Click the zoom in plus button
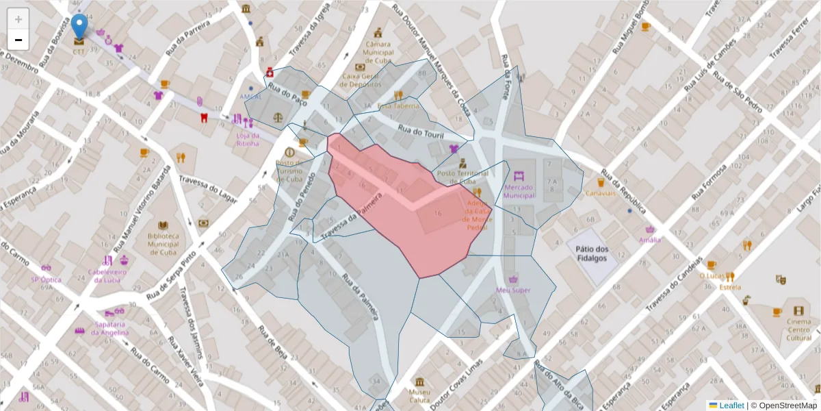tap(18, 19)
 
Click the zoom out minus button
tap(18, 40)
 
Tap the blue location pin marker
tap(79, 27)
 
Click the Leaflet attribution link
tap(731, 406)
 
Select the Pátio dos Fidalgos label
tap(592, 253)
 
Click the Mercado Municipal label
tap(519, 190)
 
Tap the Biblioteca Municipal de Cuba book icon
tap(163, 225)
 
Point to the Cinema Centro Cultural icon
tap(798, 310)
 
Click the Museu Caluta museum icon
tap(418, 381)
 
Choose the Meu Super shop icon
tap(513, 279)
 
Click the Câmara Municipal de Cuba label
tap(378, 49)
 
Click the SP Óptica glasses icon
tap(46, 268)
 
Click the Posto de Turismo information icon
tap(289, 152)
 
